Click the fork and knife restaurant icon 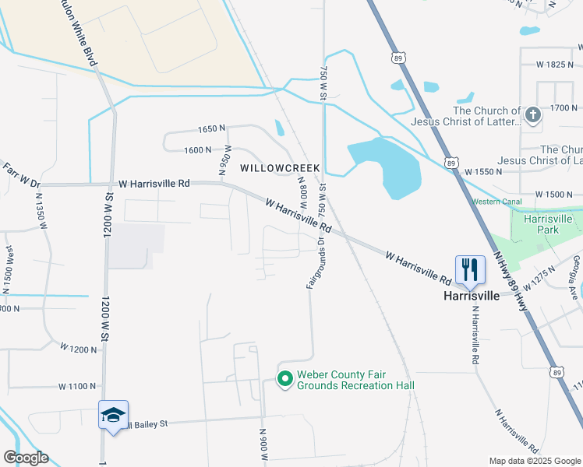point(470,269)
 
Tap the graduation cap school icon point(113,416)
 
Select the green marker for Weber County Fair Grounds point(285,379)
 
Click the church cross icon point(533,116)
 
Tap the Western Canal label point(496,202)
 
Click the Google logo point(25,458)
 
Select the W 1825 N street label point(550,65)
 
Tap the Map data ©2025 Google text point(534,461)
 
